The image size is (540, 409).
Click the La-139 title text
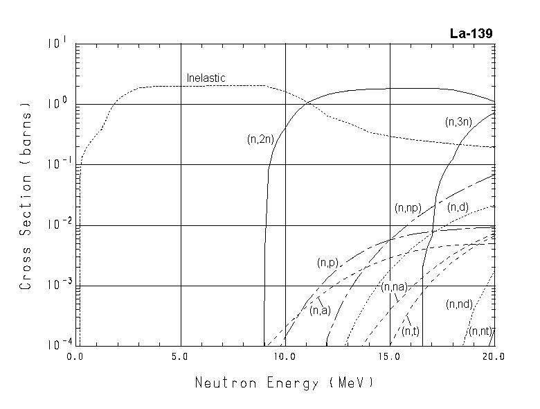[x=471, y=34]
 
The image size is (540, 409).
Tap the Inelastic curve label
[x=206, y=78]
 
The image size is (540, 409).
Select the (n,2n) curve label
[x=261, y=139]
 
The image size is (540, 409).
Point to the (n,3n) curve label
[x=458, y=122]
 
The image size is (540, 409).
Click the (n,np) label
[x=408, y=207]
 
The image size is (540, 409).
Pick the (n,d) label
[x=458, y=207]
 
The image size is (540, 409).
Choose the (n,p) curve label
[x=327, y=263]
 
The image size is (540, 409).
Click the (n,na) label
[x=394, y=287]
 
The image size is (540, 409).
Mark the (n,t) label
[x=411, y=331]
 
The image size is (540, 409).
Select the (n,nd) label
[x=460, y=304]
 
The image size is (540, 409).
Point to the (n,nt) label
[x=480, y=331]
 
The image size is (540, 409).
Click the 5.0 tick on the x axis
[x=181, y=357]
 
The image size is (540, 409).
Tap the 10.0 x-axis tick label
[x=285, y=357]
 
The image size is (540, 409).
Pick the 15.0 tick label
[x=390, y=357]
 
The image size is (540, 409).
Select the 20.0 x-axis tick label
[x=494, y=357]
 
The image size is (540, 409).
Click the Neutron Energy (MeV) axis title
[x=284, y=382]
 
